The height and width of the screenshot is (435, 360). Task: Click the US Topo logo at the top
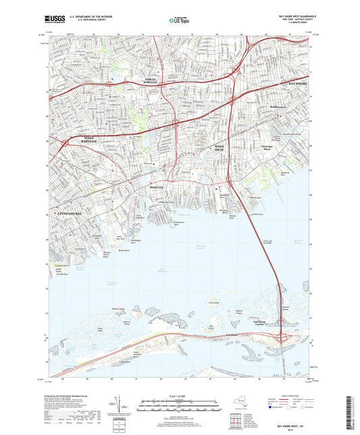(x=176, y=21)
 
